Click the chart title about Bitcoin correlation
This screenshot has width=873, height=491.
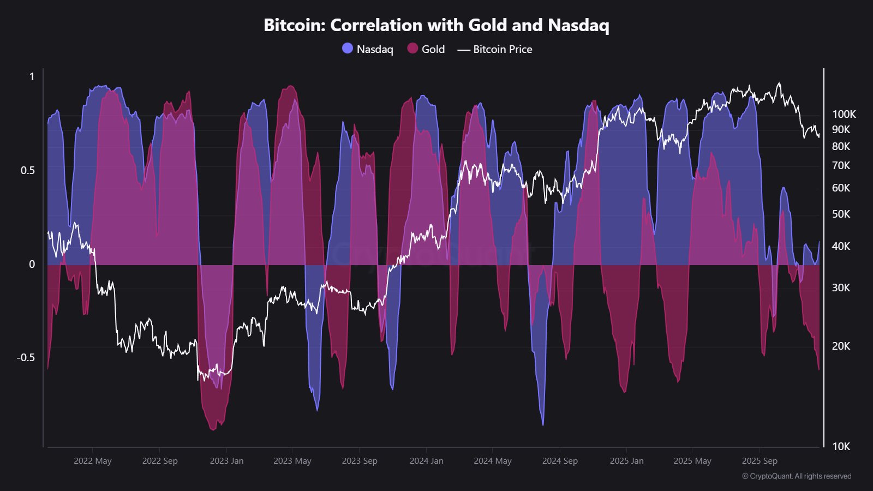[x=436, y=25]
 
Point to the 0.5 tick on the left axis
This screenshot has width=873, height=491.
[x=28, y=170]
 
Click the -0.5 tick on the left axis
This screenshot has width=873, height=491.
[x=26, y=357]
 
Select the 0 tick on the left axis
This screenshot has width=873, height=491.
[x=32, y=264]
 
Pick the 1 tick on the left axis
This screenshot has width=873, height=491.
[x=32, y=76]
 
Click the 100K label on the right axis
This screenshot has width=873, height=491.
[x=844, y=114]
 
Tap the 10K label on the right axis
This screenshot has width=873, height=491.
[x=841, y=446]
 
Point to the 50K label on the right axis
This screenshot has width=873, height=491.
[x=841, y=214]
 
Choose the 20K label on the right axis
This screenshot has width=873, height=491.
[x=841, y=346]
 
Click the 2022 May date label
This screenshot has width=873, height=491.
[x=92, y=461]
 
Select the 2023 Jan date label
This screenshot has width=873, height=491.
[x=226, y=461]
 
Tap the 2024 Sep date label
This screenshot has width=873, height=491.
[x=560, y=461]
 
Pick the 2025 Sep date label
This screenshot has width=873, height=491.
[x=760, y=461]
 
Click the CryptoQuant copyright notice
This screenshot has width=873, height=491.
[x=797, y=476]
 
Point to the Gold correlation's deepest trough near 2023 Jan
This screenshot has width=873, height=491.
[x=213, y=429]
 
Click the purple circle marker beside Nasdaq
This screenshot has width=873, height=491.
[x=348, y=49]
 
